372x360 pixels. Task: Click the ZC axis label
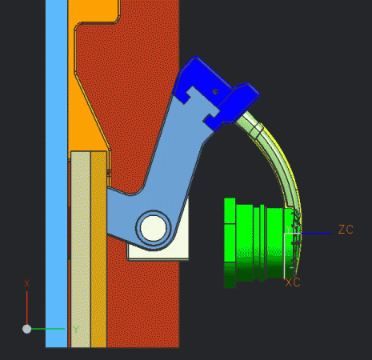[346, 230]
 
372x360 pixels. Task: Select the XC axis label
[293, 282]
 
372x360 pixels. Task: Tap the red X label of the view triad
[27, 284]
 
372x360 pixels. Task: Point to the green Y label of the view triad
[76, 329]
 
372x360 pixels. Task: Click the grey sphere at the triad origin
[27, 329]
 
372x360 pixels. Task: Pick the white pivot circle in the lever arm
[152, 227]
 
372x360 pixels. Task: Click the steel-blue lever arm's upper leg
[180, 152]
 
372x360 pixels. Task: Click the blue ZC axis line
[316, 234]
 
